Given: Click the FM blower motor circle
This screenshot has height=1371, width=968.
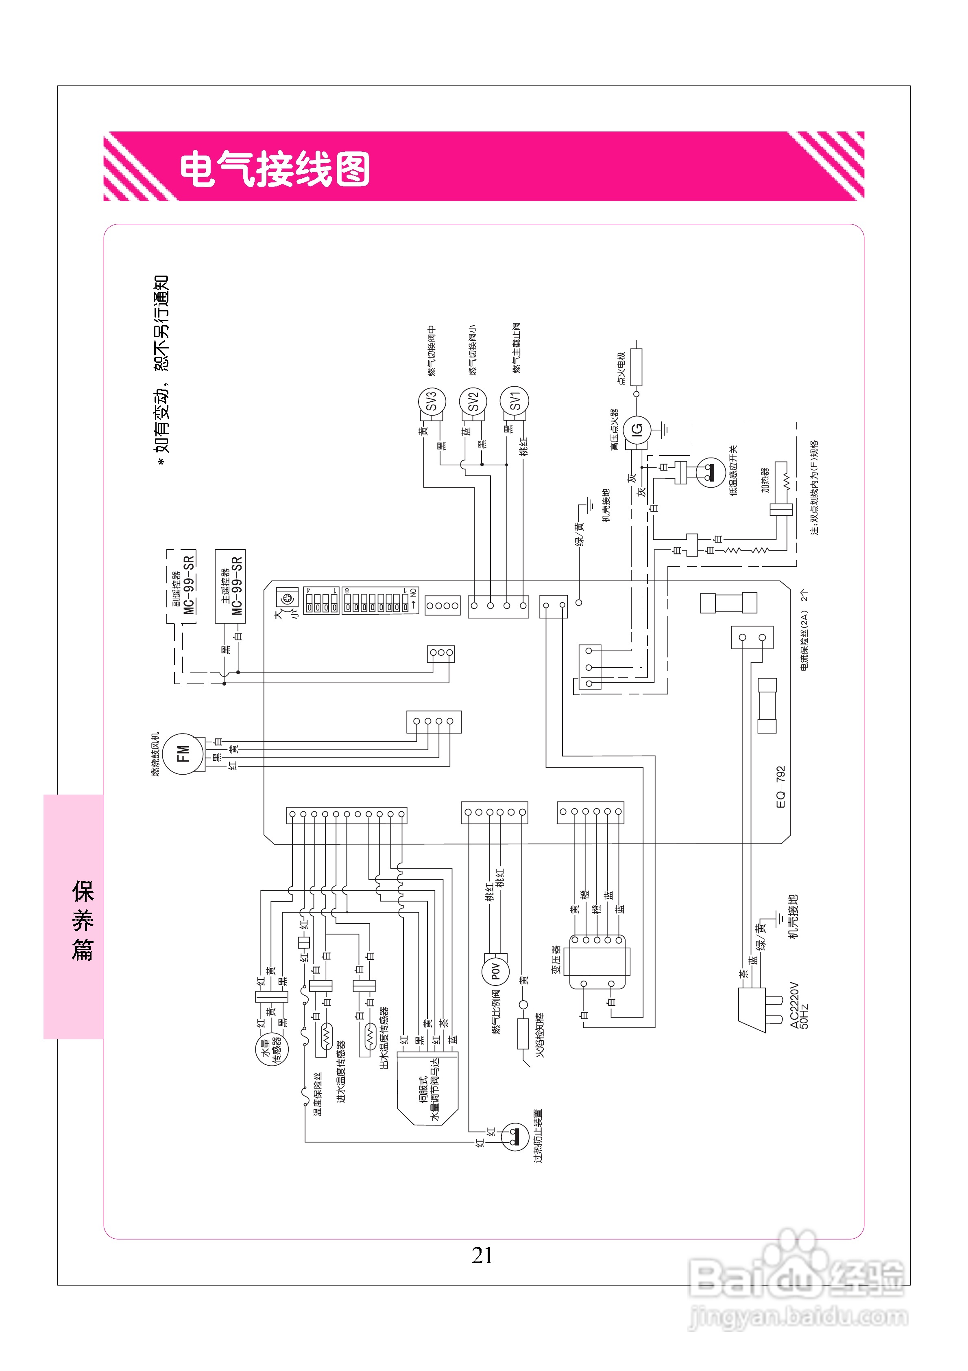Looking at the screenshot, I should (x=183, y=754).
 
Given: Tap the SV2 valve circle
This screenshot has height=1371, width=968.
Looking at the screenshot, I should (x=473, y=402).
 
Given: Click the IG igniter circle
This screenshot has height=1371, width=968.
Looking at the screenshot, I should (x=637, y=429).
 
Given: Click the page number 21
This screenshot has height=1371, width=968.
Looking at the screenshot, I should (x=482, y=1255).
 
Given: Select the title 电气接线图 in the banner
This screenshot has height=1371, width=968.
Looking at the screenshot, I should (x=275, y=169).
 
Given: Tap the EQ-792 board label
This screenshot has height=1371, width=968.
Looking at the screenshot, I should (x=781, y=787).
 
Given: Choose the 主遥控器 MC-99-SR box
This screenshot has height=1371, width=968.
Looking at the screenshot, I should (x=230, y=586).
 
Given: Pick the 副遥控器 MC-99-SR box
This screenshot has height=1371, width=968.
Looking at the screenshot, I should (x=181, y=586).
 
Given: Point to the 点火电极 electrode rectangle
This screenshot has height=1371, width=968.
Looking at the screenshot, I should (x=637, y=367).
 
